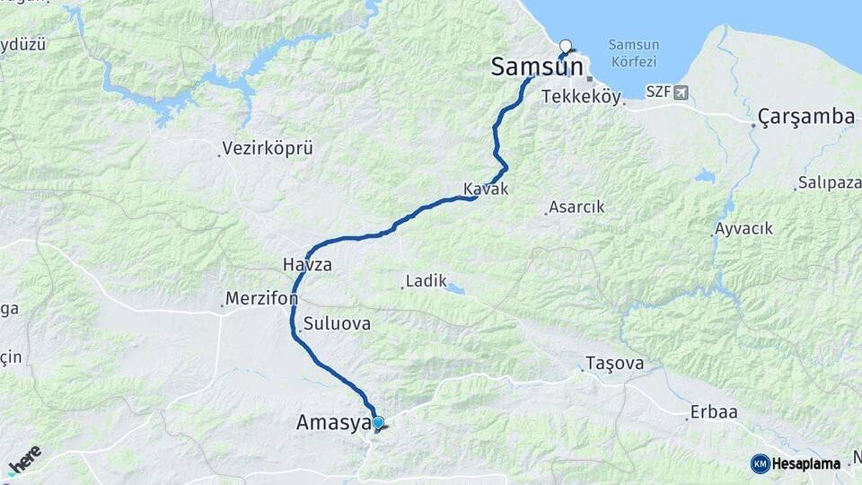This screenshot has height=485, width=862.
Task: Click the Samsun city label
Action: (535, 67)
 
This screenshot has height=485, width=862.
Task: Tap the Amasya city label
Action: (332, 422)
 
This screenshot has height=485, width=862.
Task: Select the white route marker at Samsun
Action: (566, 45)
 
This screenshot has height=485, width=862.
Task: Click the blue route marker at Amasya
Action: (378, 422)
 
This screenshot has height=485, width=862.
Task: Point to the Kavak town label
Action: (486, 190)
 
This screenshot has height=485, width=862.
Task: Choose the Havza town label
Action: (307, 266)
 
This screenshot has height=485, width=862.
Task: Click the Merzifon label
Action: (262, 297)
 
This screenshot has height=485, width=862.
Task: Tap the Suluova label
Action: (337, 323)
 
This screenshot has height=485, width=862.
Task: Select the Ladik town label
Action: (426, 281)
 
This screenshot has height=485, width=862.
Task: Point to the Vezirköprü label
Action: (267, 148)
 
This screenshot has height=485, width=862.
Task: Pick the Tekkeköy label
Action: (582, 97)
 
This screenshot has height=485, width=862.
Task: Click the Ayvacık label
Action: (743, 229)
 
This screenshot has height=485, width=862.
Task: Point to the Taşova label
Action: (615, 364)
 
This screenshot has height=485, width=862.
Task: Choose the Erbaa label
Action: (714, 412)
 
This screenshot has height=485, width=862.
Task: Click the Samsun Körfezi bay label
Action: (633, 53)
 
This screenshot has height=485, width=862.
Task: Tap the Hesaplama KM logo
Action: (796, 463)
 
